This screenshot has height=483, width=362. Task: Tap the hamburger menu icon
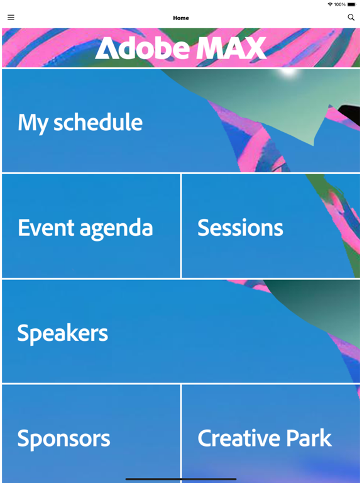coord(11,18)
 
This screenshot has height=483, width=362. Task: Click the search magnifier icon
coord(351,18)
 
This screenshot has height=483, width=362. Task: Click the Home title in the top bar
coord(181,18)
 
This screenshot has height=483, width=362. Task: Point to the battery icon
coord(352,4)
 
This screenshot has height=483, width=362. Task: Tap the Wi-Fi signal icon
coord(330,4)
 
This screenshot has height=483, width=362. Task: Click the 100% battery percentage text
coord(339,4)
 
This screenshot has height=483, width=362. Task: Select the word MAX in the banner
coord(231,48)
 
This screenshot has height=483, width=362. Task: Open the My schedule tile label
coord(80,122)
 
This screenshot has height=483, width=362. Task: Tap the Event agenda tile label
coord(85,228)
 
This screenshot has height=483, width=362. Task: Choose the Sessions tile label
coord(240,228)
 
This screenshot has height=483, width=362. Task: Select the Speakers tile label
coord(62,333)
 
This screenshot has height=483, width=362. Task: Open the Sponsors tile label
coord(63,438)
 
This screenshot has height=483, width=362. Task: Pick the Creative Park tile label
coord(264,438)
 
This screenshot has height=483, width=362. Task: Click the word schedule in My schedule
coord(97,122)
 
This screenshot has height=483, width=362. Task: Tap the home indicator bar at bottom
coord(181,479)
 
